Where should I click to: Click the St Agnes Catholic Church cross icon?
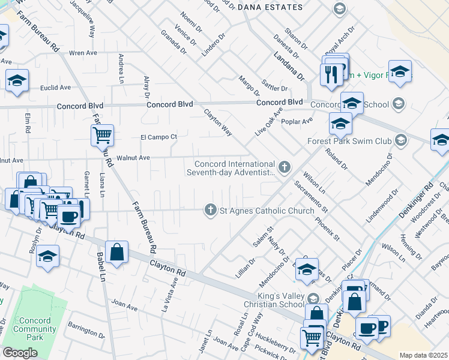click(210, 210)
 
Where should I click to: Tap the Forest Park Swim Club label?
click(348, 141)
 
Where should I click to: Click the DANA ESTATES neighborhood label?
click(270, 7)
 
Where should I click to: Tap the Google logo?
click(20, 353)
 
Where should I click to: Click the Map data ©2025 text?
click(423, 355)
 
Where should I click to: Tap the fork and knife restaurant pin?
click(330, 74)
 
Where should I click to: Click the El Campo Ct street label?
click(158, 137)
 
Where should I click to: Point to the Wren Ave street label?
click(84, 53)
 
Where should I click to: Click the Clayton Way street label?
click(217, 122)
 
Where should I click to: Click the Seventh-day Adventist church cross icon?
click(285, 166)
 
